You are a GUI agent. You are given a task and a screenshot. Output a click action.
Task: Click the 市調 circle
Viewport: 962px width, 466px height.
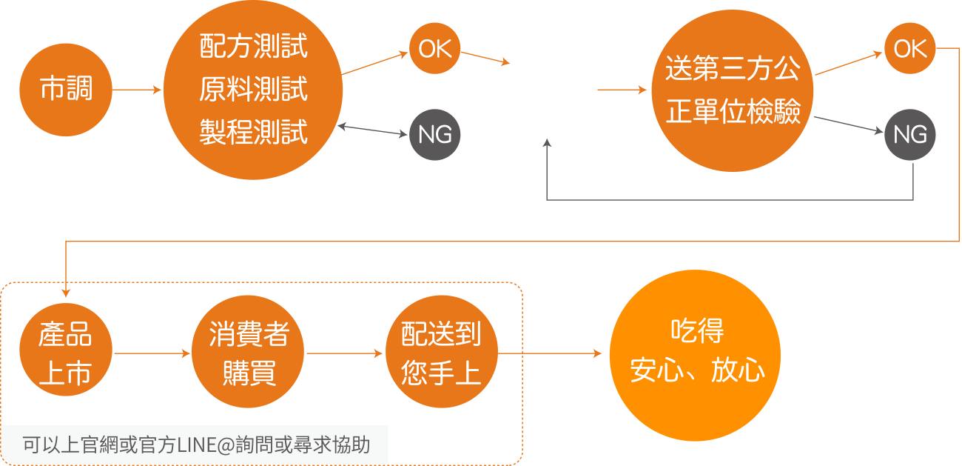[66, 90]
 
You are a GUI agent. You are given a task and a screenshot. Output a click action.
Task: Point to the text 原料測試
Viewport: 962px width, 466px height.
[253, 90]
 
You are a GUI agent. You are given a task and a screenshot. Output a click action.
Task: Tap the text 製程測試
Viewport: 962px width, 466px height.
[253, 133]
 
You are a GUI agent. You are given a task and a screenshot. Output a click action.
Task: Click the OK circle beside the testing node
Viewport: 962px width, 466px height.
[434, 49]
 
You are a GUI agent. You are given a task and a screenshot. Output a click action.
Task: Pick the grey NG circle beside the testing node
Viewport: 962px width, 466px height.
[434, 134]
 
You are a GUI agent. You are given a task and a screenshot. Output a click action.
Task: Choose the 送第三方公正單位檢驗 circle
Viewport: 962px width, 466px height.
[733, 90]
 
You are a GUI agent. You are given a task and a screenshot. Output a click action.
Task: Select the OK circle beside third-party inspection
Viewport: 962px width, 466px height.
[909, 49]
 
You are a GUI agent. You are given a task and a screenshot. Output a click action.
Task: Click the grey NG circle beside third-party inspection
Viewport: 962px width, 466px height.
[909, 134]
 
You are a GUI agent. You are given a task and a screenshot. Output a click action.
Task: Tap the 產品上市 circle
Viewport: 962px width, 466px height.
[66, 354]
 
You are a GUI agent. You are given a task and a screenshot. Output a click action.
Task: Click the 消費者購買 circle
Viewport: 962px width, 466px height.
[248, 354]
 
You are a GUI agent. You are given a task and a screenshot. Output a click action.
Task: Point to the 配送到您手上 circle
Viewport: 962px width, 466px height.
[441, 354]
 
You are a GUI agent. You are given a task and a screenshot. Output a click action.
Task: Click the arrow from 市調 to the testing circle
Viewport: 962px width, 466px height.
[138, 90]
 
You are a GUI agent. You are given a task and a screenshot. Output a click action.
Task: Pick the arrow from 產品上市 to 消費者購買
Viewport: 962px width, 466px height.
[152, 354]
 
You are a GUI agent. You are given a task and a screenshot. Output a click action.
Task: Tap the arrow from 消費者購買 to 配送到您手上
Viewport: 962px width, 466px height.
[345, 354]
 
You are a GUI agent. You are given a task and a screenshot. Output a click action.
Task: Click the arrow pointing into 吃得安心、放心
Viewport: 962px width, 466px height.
[562, 354]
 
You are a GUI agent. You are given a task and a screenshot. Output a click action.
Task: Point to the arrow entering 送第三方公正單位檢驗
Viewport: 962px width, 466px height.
[622, 90]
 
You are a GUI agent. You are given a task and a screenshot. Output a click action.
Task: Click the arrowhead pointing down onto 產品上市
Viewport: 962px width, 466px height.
[66, 292]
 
